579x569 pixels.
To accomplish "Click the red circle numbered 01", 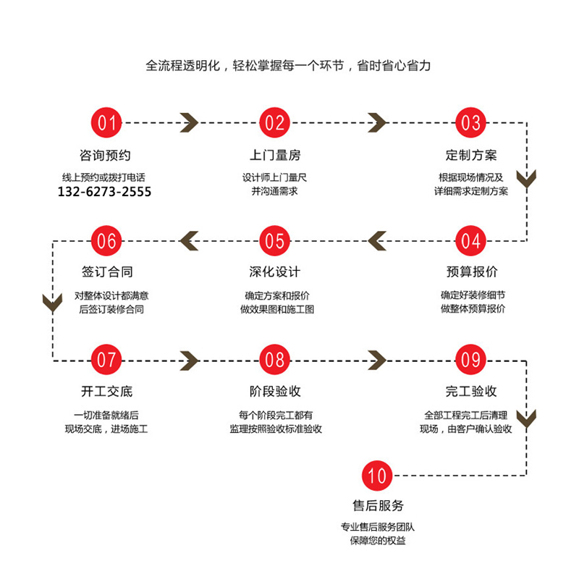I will [106, 122].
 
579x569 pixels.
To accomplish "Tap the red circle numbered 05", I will [274, 240].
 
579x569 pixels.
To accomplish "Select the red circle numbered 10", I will [377, 476].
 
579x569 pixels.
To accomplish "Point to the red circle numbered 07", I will [106, 358].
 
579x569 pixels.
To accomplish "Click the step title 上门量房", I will [274, 155].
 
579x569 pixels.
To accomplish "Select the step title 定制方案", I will [470, 155].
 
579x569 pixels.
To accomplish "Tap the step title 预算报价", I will [470, 272].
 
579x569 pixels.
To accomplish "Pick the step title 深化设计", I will [274, 272].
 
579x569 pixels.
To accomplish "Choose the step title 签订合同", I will [106, 272].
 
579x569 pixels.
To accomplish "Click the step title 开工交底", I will [106, 392].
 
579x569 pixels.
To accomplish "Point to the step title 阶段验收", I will [274, 392].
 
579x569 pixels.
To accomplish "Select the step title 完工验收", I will [470, 392].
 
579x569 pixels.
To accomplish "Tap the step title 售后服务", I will [377, 506].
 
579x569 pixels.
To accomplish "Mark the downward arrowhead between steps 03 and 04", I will [526, 178].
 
